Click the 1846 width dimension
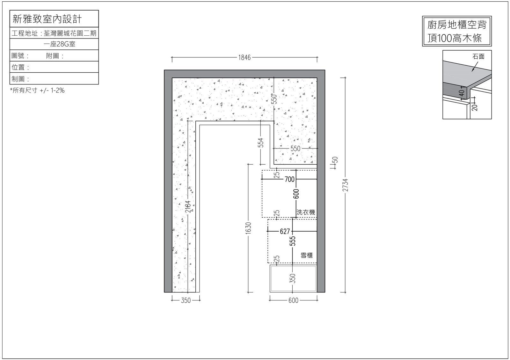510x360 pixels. tap(244, 58)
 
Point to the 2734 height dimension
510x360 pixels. tap(345, 185)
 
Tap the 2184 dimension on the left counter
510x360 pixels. tap(188, 206)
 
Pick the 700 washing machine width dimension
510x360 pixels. tap(290, 179)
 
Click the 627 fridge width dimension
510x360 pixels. tap(285, 231)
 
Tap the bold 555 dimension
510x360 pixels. tap(293, 241)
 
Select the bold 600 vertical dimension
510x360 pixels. tap(296, 194)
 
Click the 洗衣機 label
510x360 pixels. tap(306, 212)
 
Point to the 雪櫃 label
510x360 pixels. tap(306, 255)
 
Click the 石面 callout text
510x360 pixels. tap(478, 56)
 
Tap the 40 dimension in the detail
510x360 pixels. tap(462, 93)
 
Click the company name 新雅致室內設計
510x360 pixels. tap(47, 19)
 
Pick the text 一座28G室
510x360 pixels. tap(59, 44)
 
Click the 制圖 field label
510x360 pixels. tap(20, 79)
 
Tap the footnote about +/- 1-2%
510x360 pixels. tap(37, 90)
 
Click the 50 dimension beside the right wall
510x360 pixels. tap(335, 160)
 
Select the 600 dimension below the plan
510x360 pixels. tap(293, 300)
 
